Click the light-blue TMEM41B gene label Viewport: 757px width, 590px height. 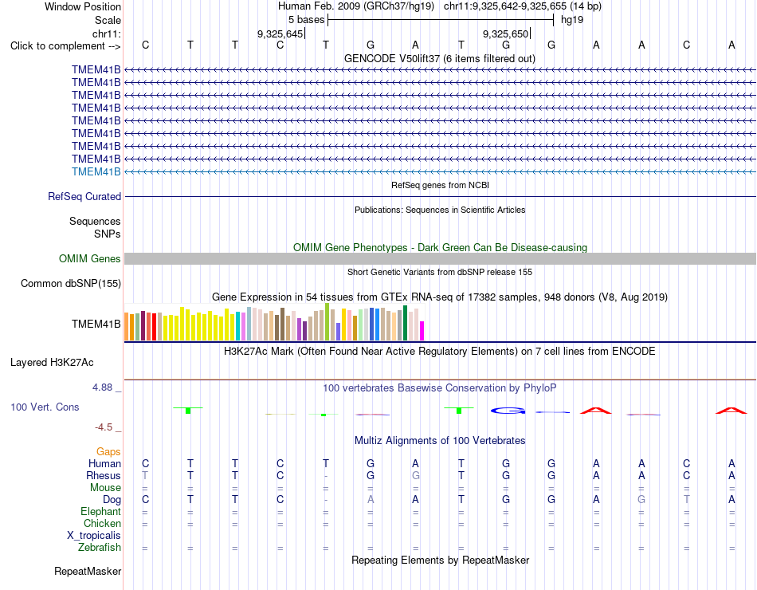click(x=96, y=172)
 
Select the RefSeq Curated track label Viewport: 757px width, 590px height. click(x=84, y=197)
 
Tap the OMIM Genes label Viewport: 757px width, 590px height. click(x=90, y=259)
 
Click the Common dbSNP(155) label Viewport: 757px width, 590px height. click(x=71, y=284)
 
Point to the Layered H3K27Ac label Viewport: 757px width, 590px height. click(x=52, y=363)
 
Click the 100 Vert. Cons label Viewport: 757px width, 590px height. click(x=45, y=407)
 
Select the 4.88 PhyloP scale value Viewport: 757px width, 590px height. click(x=102, y=387)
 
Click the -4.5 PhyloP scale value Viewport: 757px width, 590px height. click(x=104, y=427)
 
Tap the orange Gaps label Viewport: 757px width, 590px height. click(x=108, y=452)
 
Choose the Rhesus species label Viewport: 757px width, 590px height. click(x=104, y=476)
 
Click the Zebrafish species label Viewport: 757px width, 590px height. click(x=100, y=548)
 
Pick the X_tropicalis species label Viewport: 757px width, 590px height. click(x=94, y=536)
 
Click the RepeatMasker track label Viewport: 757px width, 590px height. click(x=88, y=572)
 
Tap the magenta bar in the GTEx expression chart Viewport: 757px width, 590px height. click(x=422, y=331)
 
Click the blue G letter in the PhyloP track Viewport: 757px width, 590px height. click(x=508, y=411)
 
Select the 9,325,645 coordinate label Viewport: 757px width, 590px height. click(x=280, y=33)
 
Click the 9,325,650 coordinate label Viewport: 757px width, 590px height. click(x=505, y=33)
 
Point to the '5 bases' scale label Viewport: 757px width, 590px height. click(x=307, y=20)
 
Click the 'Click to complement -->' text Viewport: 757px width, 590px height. click(x=65, y=46)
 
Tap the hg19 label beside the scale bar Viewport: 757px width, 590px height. click(x=572, y=20)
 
